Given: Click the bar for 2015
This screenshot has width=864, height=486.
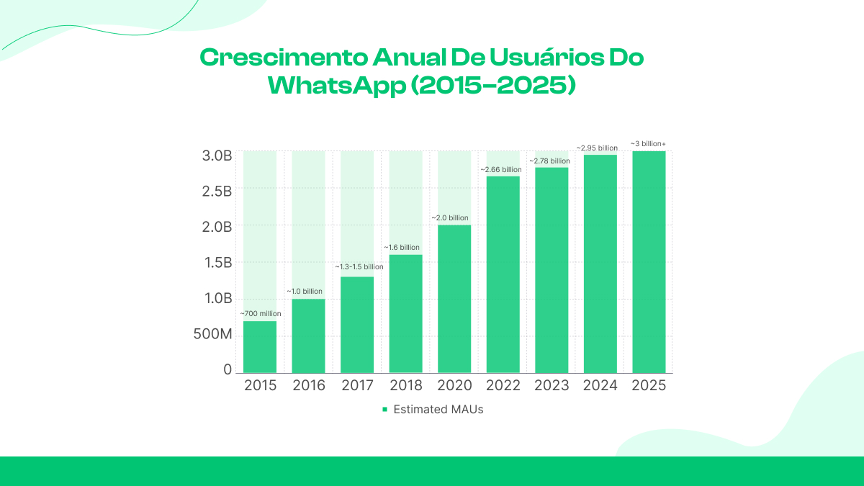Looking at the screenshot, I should pos(260,346).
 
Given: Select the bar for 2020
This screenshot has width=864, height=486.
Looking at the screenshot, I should pos(454,299).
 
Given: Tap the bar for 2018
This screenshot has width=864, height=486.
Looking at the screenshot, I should pos(406,313).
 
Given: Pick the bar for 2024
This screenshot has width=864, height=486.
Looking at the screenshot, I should pos(600,264).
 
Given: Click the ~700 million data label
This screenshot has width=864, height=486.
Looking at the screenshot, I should pos(260,314).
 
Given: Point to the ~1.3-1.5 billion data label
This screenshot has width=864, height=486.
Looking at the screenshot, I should pos(359,267).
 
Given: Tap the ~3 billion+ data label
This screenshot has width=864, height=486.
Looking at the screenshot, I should pos(648,144).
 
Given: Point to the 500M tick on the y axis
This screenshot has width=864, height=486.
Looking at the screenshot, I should pos(212,334).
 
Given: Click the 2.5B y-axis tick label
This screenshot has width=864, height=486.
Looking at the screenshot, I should pos(216,191).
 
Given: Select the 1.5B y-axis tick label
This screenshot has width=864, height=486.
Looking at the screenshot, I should pos(216,262).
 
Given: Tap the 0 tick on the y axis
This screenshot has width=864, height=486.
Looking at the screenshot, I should pos(228,369).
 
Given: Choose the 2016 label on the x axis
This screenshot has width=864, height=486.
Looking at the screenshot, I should pos(309,386).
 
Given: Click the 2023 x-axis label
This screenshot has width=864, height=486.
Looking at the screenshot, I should pos(552,386).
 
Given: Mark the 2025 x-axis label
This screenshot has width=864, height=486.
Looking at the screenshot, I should pos(649,386).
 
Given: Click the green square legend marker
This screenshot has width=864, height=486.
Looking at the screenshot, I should pos(384,410).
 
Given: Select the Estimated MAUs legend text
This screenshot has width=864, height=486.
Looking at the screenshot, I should pos(438,410).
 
